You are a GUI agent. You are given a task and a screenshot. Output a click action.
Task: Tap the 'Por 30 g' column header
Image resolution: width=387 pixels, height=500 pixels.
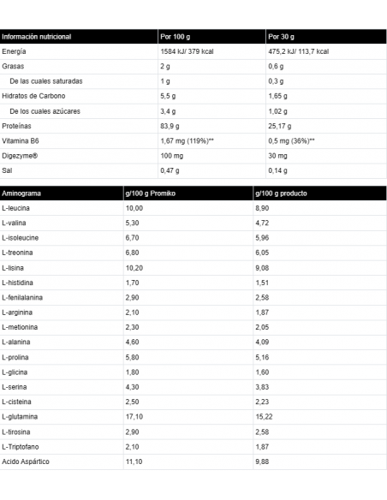281,37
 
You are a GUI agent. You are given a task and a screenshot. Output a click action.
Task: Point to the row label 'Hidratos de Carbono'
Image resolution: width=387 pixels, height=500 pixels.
34,96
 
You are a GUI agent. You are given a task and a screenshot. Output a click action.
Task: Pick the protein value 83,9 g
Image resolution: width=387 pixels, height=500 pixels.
171,126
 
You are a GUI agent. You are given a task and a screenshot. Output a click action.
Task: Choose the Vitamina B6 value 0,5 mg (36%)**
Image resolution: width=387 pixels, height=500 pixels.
292,140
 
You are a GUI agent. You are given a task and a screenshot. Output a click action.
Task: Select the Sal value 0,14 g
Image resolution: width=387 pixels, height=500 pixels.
277,170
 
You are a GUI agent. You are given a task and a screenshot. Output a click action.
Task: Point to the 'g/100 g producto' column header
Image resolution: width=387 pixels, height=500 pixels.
283,193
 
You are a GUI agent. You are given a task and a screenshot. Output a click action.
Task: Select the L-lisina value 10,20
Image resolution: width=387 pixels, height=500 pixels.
134,267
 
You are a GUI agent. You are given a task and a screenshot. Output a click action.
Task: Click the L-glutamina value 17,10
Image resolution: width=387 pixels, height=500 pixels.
134,415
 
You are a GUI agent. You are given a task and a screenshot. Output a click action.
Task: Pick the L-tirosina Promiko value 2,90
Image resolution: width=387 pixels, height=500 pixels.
132,431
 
